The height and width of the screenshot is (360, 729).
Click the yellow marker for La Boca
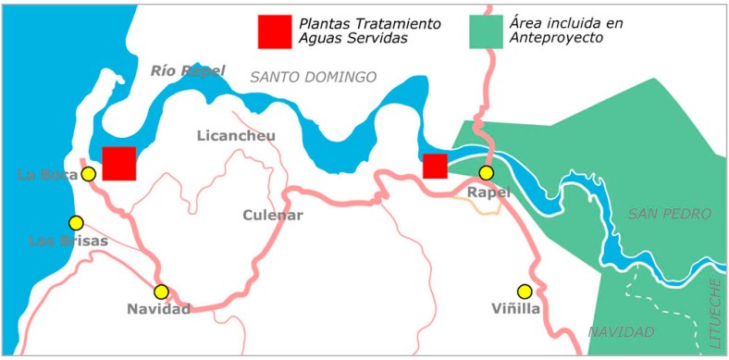point(88,174)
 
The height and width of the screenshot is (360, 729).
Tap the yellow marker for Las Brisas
point(76,223)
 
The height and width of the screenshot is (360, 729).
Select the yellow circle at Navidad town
point(161,292)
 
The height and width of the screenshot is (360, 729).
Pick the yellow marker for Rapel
point(486,173)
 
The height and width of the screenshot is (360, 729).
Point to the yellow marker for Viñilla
point(525,291)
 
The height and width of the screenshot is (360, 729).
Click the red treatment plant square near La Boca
point(119,164)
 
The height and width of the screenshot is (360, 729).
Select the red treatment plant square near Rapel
point(435,167)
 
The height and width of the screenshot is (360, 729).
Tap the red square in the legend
point(275,31)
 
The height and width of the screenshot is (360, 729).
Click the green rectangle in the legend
point(487,31)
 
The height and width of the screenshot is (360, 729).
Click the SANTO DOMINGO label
point(314,78)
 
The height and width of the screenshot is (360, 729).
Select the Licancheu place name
point(236,136)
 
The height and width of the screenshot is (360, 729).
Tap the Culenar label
point(273,216)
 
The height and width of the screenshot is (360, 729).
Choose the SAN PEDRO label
point(671,214)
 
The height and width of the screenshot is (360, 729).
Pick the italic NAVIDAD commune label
point(621,331)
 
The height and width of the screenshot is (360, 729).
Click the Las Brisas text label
point(68,242)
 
